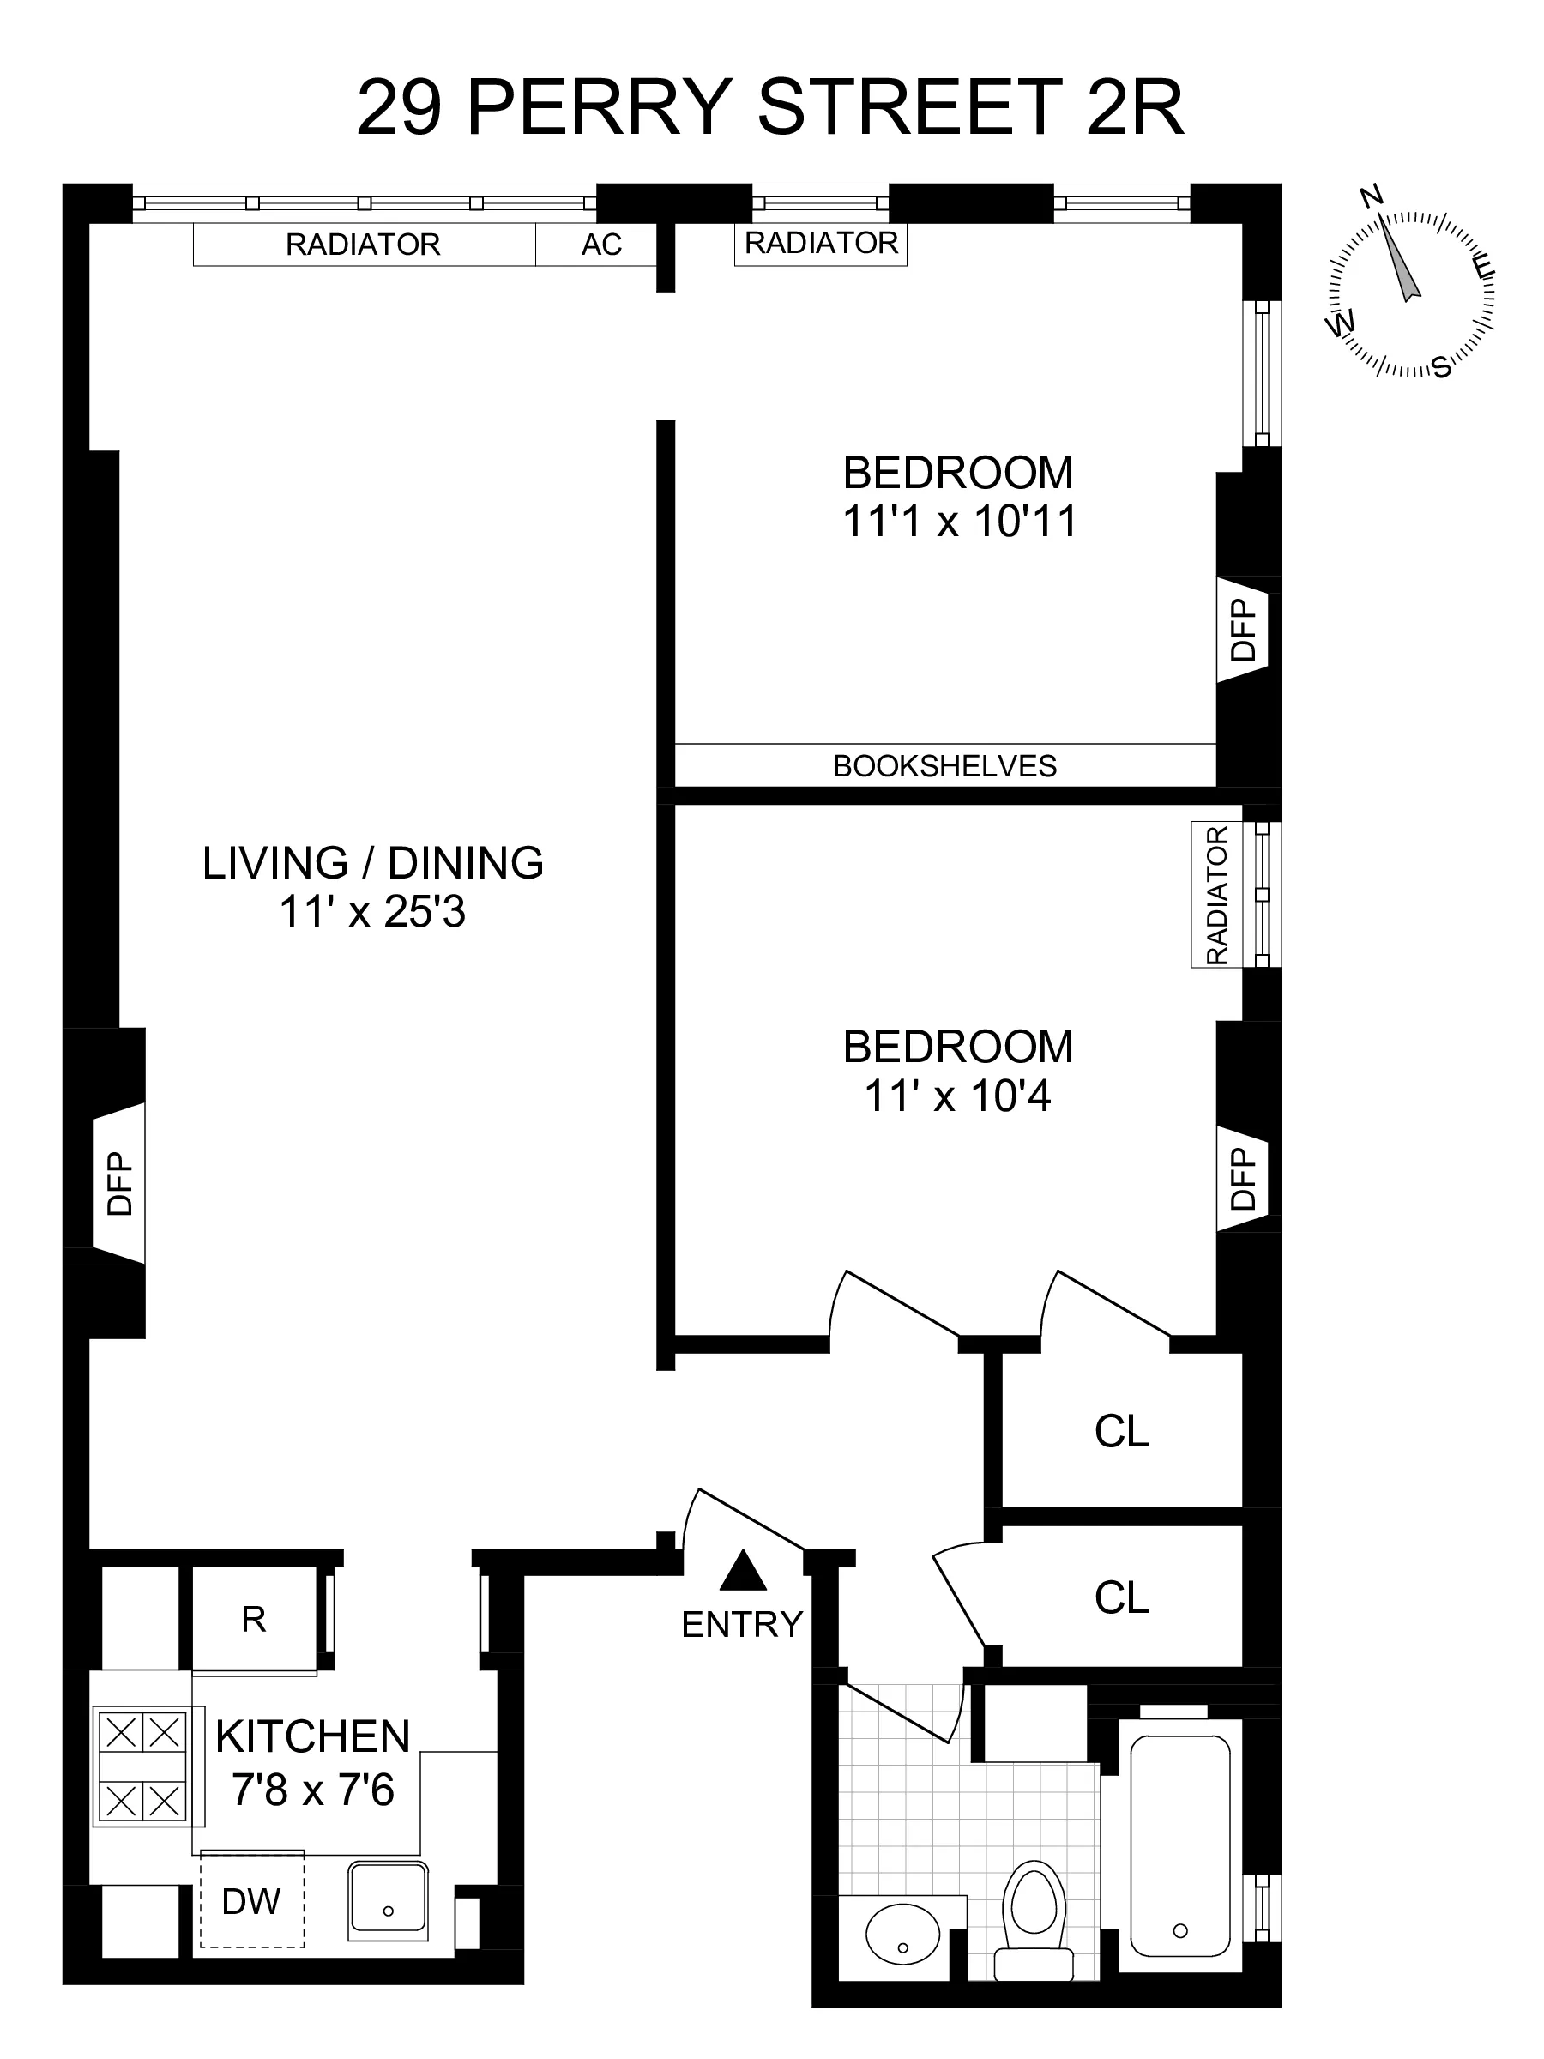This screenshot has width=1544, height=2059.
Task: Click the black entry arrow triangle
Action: tap(744, 1571)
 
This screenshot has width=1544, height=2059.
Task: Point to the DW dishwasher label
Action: tap(251, 1901)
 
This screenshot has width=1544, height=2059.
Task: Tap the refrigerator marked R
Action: tap(253, 1619)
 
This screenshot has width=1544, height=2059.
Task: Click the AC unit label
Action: tap(601, 245)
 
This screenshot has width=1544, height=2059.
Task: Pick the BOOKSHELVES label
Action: tap(944, 766)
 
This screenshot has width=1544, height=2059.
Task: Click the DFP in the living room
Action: tap(120, 1183)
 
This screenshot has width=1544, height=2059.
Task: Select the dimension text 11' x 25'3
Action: tap(372, 912)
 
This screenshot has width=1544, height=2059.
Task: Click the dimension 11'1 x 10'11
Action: tap(960, 522)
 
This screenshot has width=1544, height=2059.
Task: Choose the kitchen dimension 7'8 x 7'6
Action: tap(313, 1789)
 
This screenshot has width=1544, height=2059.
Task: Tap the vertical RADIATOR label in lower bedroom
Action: tap(1216, 895)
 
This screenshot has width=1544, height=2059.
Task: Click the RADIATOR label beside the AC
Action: tap(363, 245)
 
